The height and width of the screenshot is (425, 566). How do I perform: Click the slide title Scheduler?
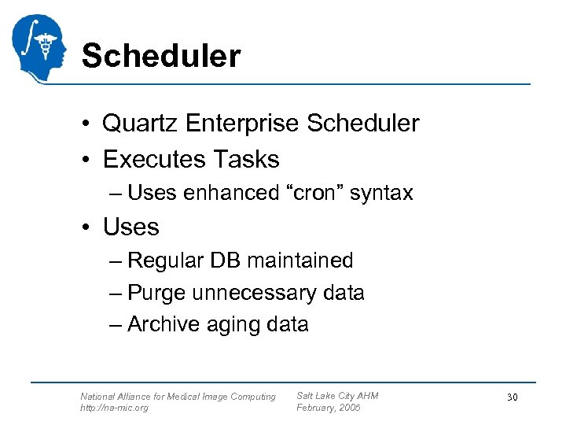160,57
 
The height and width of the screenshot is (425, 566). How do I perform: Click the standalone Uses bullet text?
130,227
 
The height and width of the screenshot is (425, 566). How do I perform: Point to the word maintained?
305,261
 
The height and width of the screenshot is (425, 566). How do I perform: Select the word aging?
240,324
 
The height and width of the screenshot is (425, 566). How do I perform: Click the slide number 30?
512,397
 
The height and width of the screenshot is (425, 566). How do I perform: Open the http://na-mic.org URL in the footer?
114,408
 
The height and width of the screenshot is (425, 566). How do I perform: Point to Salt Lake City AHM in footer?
337,396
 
